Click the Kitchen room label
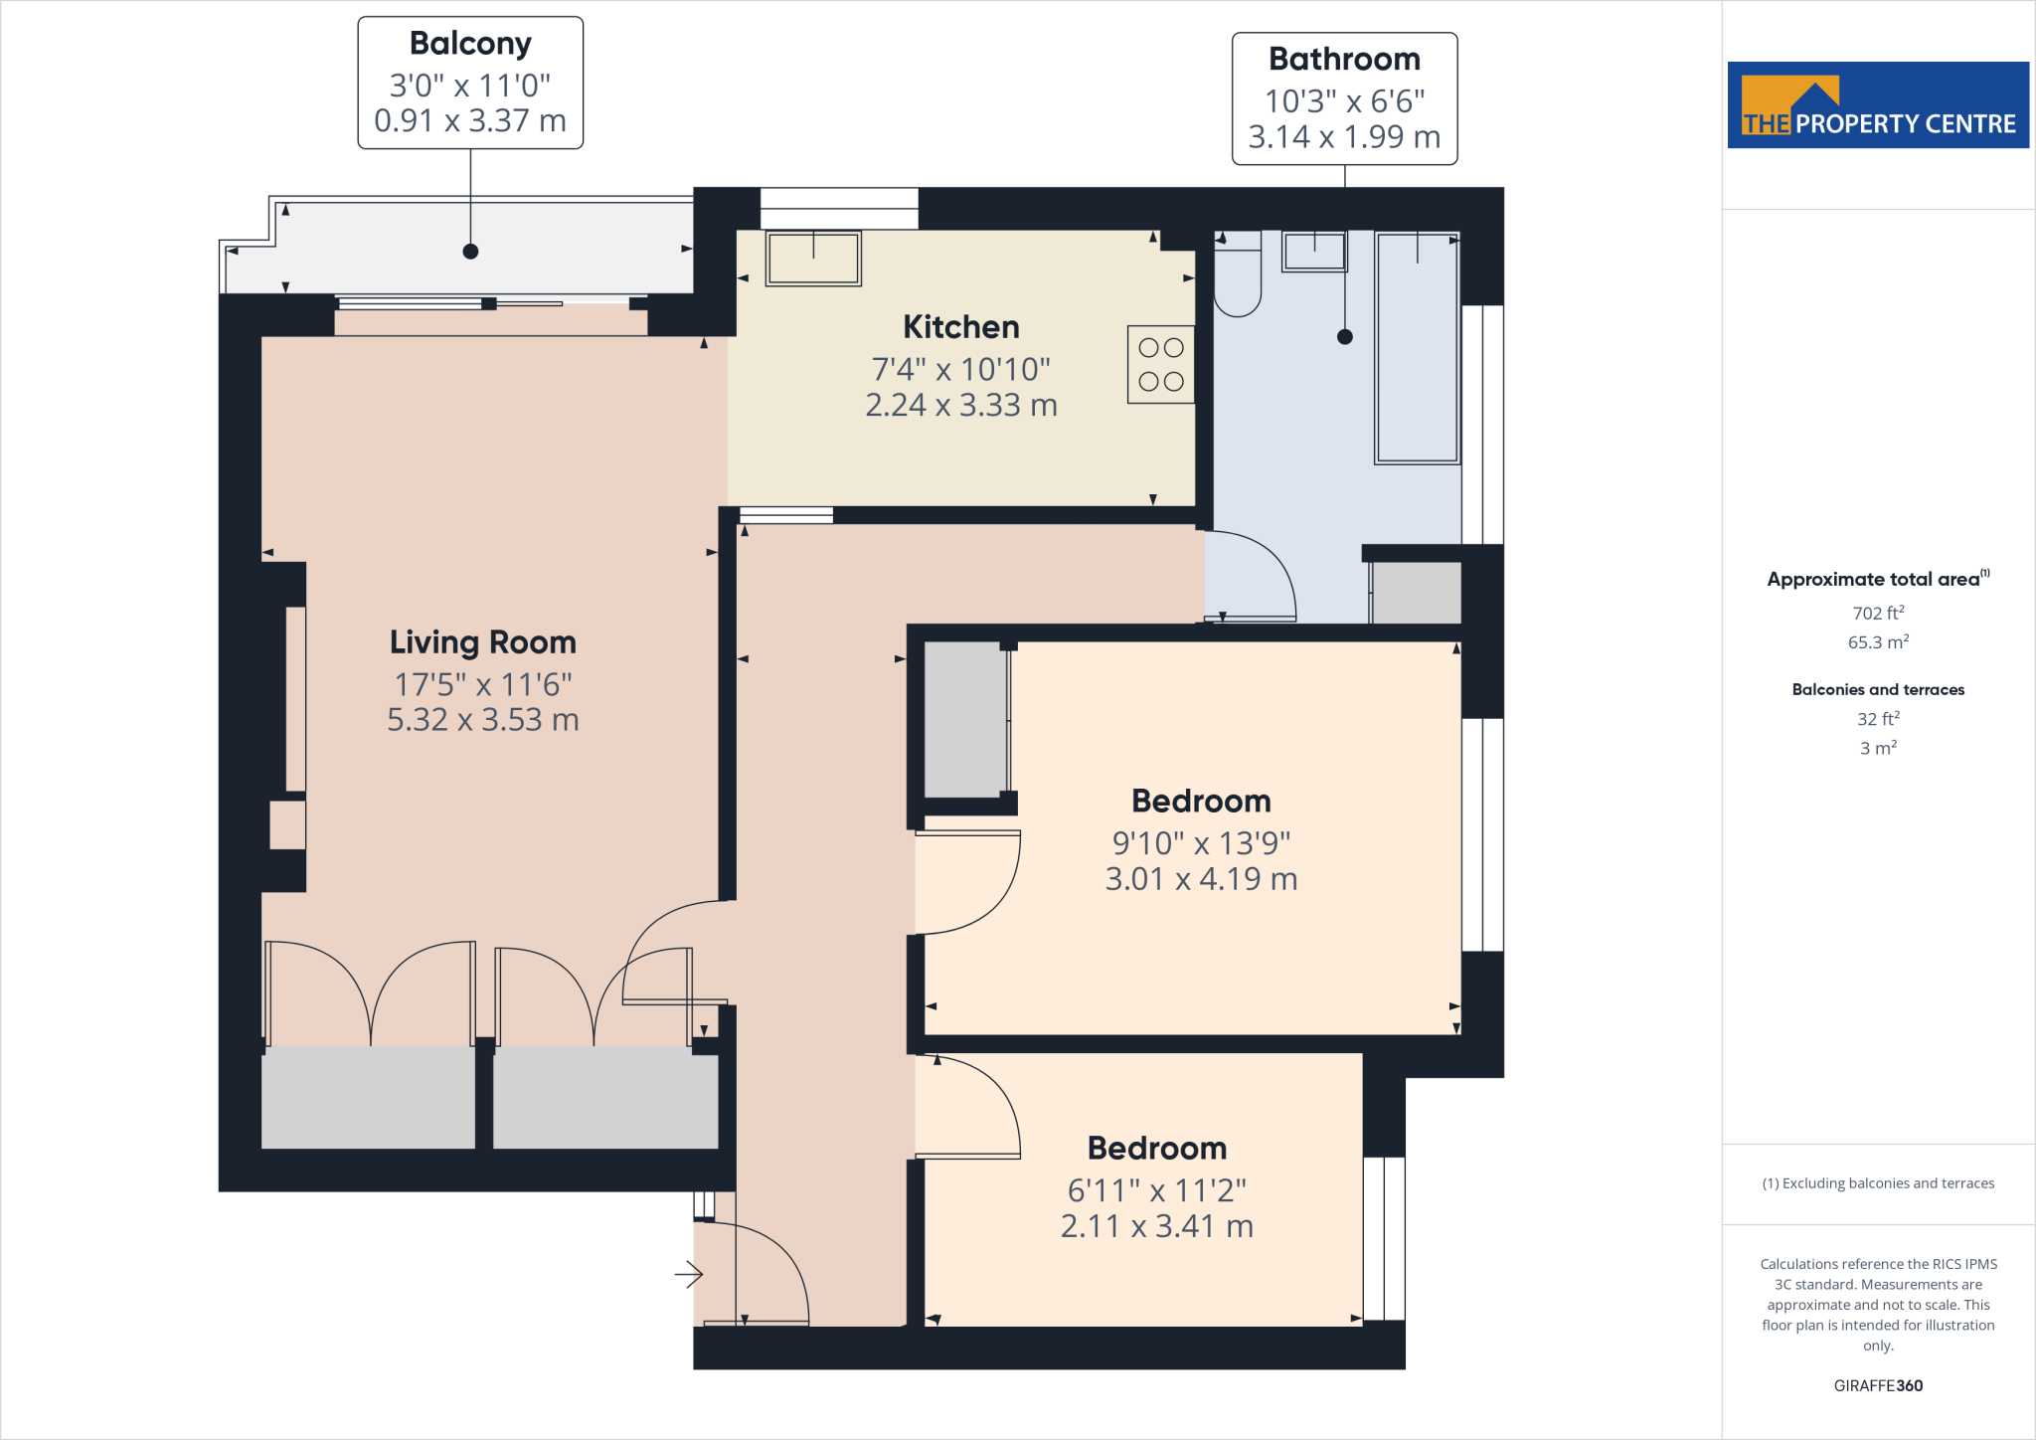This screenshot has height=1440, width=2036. [x=960, y=327]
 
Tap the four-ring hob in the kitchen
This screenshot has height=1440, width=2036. [x=1160, y=364]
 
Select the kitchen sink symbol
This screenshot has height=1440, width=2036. [x=813, y=258]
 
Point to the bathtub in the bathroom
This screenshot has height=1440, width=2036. [x=1417, y=348]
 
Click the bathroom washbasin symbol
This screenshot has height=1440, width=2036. [x=1314, y=252]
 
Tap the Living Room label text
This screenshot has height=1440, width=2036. [x=482, y=642]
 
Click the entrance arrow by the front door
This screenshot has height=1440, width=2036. [x=689, y=1274]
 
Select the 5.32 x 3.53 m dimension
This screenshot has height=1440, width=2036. [x=482, y=720]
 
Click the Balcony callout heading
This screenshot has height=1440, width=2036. [x=470, y=44]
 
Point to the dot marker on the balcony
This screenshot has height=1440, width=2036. [x=470, y=252]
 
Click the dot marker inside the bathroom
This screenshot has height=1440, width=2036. [x=1345, y=337]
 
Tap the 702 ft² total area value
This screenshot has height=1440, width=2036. [x=1878, y=614]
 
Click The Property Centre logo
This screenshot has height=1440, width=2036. [x=1878, y=105]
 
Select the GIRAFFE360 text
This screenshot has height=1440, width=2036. [x=1878, y=1385]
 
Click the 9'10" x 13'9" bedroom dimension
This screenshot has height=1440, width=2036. [x=1201, y=843]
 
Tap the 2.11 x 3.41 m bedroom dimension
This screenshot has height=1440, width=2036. [x=1156, y=1226]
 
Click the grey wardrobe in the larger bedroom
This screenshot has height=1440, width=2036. [x=964, y=719]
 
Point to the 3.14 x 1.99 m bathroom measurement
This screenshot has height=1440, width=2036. [x=1344, y=137]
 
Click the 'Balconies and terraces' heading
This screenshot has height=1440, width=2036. [x=1878, y=689]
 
